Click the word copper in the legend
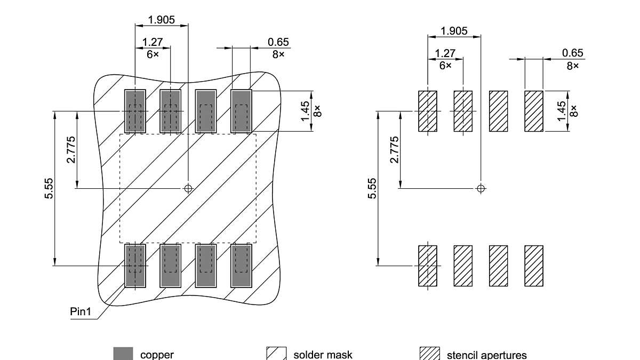pos(157,355)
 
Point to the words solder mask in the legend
pos(323,355)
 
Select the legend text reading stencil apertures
pos(486,355)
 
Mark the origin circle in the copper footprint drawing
pos(188,188)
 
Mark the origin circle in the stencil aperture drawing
pos(481,188)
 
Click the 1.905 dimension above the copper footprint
pos(162,20)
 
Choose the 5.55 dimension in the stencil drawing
pos(372,188)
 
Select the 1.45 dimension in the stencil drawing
pos(561,111)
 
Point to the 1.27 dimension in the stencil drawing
pos(445,53)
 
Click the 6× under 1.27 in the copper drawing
pos(153,54)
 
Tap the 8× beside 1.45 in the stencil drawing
pos(573,111)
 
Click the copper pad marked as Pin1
pos(135,265)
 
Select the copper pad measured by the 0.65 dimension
pos(241,111)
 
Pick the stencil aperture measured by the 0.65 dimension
pos(534,111)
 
